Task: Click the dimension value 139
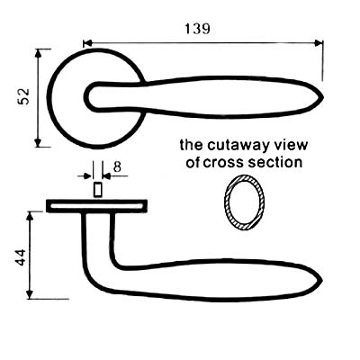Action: pyautogui.click(x=197, y=29)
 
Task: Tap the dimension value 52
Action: pyautogui.click(x=24, y=96)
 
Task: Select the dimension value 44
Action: pyautogui.click(x=21, y=257)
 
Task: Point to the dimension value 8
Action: pyautogui.click(x=117, y=166)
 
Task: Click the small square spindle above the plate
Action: pyautogui.click(x=97, y=190)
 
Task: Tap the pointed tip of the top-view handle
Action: pyautogui.click(x=323, y=98)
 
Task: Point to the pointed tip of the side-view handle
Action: pyautogui.click(x=322, y=281)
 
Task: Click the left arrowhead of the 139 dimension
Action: pyautogui.click(x=87, y=43)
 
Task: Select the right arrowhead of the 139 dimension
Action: pyautogui.click(x=319, y=43)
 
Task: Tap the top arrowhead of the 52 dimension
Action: pyautogui.click(x=38, y=53)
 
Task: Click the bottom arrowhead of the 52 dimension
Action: pyautogui.click(x=38, y=143)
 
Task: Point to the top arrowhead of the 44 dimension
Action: pyautogui.click(x=30, y=216)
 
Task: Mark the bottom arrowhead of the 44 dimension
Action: pyautogui.click(x=30, y=294)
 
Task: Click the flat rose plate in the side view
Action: pyautogui.click(x=96, y=206)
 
